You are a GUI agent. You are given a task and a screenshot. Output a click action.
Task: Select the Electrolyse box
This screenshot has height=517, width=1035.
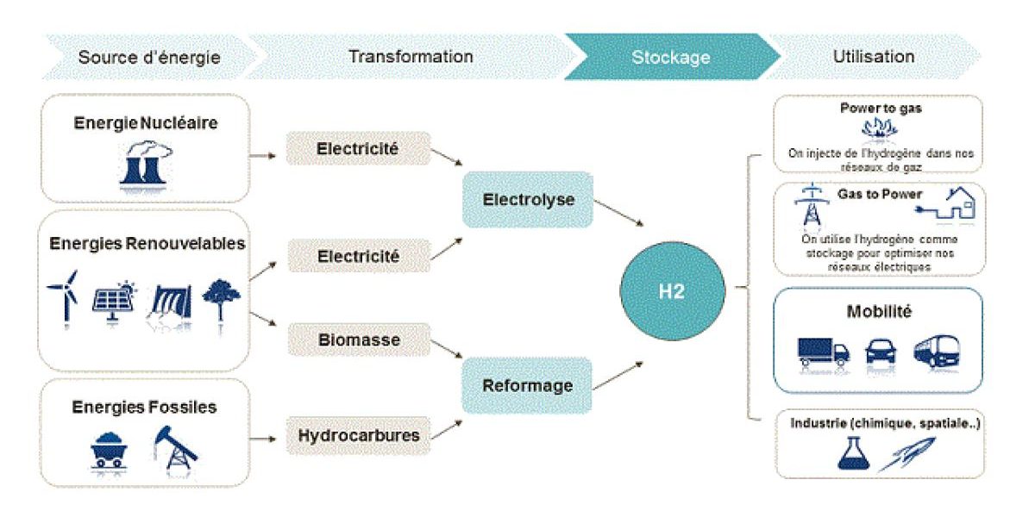click(528, 200)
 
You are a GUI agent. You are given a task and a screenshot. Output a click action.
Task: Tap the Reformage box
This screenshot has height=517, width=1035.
click(528, 385)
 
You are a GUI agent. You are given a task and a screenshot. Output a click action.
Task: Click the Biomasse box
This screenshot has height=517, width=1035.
click(358, 339)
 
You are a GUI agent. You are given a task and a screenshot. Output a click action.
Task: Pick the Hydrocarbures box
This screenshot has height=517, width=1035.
click(358, 434)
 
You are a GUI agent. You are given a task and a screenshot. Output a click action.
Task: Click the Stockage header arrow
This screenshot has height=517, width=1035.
click(670, 58)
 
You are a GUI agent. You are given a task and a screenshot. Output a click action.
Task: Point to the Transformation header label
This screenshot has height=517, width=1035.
click(411, 57)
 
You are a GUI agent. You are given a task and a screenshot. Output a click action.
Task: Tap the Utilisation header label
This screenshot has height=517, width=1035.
click(874, 57)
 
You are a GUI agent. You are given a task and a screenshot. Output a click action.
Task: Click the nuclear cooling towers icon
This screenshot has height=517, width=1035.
click(144, 164)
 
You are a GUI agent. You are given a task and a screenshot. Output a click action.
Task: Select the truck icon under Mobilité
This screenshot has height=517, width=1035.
click(823, 350)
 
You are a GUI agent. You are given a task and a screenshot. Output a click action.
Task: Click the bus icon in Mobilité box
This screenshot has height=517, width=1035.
click(937, 350)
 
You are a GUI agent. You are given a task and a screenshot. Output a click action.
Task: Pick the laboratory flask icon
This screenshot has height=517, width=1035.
click(850, 452)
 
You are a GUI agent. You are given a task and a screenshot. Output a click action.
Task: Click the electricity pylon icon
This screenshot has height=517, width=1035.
click(810, 207)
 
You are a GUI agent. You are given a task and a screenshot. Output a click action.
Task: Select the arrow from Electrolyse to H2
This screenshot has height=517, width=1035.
click(618, 212)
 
